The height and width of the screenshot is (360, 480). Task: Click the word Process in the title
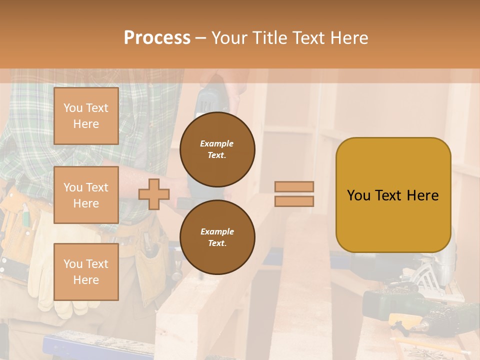157,38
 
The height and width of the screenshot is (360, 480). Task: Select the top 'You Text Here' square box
86,116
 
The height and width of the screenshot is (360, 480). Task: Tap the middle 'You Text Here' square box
86,195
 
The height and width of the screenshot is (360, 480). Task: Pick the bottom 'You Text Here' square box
86,271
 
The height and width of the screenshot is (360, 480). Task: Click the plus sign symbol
154,194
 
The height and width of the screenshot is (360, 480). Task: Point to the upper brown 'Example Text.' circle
217,149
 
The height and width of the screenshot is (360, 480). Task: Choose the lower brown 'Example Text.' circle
217,237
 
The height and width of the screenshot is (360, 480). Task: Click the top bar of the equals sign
294,186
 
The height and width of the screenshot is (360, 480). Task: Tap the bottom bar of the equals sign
294,201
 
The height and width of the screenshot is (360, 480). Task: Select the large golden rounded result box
393,194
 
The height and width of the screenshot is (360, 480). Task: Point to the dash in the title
200,38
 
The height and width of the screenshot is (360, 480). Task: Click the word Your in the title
230,38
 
